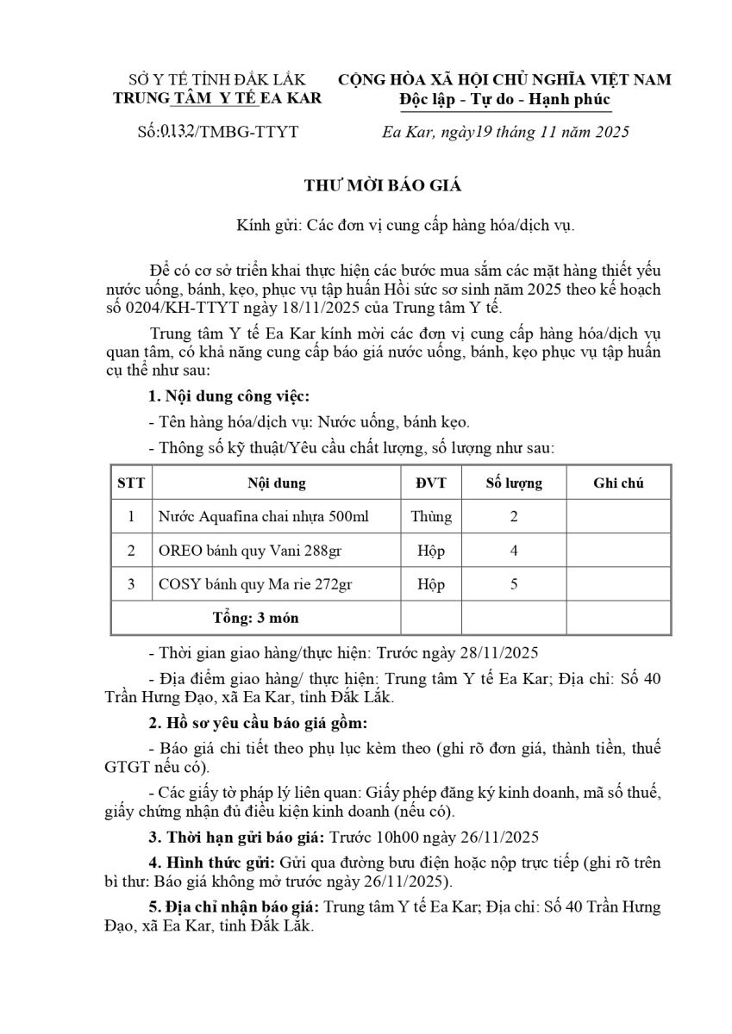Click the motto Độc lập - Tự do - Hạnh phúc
[x=505, y=100]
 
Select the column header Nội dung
[x=276, y=483]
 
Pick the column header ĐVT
[x=431, y=483]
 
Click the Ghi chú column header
[x=618, y=483]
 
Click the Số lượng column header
[x=514, y=483]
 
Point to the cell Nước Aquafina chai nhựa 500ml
[x=264, y=517]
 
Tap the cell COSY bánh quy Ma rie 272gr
[x=255, y=584]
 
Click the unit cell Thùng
[x=431, y=517]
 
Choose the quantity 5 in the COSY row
[x=514, y=584]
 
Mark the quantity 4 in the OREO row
[x=514, y=551]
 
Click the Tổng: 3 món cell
[x=256, y=618]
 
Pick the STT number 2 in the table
[x=131, y=551]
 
